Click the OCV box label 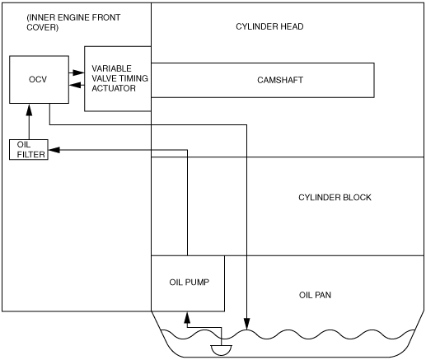click(x=38, y=79)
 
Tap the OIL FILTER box click(x=29, y=150)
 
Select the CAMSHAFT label click(x=280, y=80)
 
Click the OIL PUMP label click(x=190, y=283)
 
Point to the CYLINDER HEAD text click(x=269, y=26)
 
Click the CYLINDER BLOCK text click(x=335, y=198)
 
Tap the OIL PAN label click(x=315, y=295)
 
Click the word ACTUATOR click(x=114, y=88)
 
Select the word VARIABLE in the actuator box click(x=111, y=68)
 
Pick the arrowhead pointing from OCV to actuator click(x=79, y=72)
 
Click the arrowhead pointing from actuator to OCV click(x=75, y=85)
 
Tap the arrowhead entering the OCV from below click(x=29, y=110)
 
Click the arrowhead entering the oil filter click(x=54, y=150)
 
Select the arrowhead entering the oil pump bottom click(x=187, y=317)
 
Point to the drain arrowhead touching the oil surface click(x=246, y=324)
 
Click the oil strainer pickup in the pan click(x=221, y=350)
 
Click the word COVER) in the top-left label click(x=42, y=27)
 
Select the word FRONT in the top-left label click(x=105, y=17)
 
